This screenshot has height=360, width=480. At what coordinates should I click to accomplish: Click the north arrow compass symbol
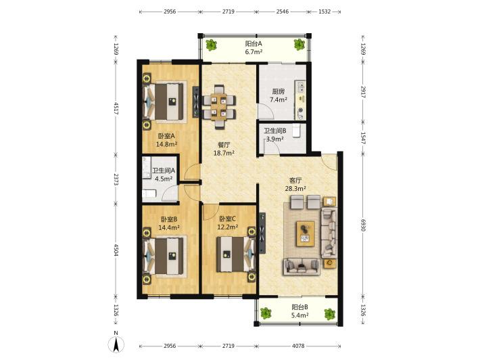(x=116, y=344)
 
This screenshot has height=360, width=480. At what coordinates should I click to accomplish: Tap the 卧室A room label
(x=166, y=136)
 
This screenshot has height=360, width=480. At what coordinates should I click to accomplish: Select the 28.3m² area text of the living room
(x=295, y=188)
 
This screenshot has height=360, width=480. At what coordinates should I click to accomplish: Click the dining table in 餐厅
(x=219, y=107)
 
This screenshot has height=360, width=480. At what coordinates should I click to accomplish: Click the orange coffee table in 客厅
(x=306, y=233)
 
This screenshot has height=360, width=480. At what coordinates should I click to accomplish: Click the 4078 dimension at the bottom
(x=298, y=346)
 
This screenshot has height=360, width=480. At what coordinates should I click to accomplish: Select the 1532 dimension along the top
(x=325, y=12)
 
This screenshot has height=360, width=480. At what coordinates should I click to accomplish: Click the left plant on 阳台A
(x=211, y=45)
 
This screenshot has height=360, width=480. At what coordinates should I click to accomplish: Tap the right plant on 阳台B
(x=330, y=314)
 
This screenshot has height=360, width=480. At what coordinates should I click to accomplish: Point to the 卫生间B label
(x=275, y=131)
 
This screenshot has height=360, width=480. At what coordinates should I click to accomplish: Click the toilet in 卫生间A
(x=149, y=193)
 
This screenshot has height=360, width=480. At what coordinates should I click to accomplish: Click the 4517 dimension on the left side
(x=116, y=108)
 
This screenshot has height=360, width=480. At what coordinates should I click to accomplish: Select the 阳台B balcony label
(x=299, y=307)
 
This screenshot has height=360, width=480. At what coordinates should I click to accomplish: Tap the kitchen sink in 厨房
(x=300, y=87)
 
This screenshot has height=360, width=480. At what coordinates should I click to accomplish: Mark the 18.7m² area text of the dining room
(x=224, y=153)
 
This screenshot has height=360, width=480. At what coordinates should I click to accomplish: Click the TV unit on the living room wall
(x=262, y=233)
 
